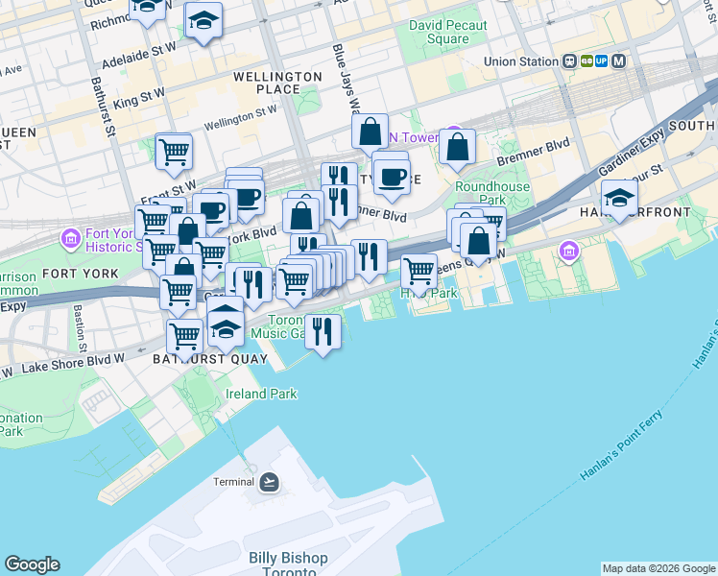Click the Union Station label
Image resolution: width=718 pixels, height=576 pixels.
click(520, 61)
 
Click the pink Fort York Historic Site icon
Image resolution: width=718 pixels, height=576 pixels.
click(70, 236)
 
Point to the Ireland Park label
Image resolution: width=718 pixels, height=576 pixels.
click(260, 394)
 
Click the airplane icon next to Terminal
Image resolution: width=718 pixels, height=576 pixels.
click(269, 482)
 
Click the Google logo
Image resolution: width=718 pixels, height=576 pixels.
click(32, 564)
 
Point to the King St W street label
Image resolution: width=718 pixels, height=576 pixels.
click(139, 97)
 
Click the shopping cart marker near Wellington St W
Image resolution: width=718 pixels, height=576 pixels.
click(174, 150)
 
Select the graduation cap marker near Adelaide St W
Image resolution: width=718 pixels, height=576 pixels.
click(203, 20)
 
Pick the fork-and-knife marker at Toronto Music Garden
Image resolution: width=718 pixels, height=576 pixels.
click(323, 331)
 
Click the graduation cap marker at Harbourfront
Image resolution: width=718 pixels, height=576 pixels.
click(619, 198)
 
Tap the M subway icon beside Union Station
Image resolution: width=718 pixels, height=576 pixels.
click(619, 60)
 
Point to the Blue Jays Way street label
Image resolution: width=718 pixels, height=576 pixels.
click(346, 77)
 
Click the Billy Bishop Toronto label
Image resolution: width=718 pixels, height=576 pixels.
click(287, 564)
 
